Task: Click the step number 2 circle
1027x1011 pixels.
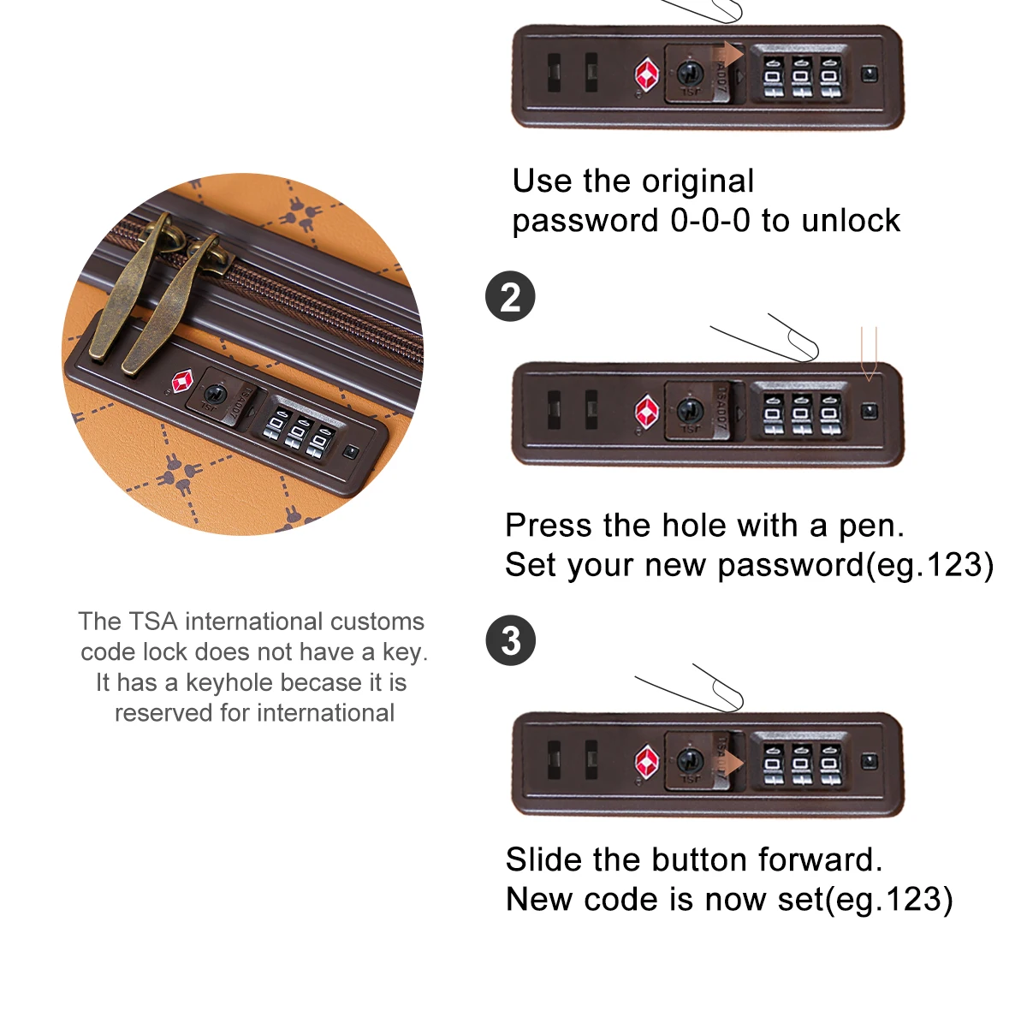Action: tap(511, 297)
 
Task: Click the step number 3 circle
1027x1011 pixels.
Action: tap(511, 641)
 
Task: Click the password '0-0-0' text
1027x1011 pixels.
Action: tap(710, 221)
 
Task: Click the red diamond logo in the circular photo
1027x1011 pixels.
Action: tap(182, 382)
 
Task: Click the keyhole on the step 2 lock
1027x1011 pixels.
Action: tap(689, 410)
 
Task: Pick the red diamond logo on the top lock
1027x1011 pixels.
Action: tap(646, 74)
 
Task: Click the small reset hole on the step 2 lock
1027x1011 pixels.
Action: tap(869, 411)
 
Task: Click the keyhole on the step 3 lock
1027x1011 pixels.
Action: tap(690, 760)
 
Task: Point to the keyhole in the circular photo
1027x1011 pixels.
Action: tap(216, 395)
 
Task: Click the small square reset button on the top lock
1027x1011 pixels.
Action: tap(869, 74)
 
